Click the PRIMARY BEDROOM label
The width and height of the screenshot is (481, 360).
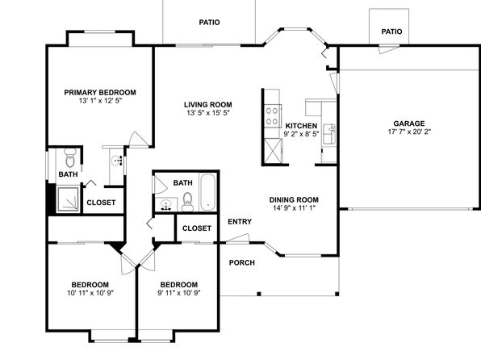100,92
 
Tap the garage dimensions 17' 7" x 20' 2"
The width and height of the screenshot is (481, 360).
409,132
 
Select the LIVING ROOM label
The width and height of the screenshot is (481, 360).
208,105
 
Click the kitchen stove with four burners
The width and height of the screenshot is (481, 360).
273,116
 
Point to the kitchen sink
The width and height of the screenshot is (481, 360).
329,133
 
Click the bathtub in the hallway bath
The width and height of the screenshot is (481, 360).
208,192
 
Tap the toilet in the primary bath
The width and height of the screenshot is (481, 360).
70,157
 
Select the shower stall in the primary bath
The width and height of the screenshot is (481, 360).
68,199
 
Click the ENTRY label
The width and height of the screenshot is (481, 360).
240,222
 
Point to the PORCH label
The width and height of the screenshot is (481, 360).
242,262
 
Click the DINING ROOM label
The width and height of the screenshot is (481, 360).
294,200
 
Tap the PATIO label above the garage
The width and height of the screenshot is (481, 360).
391,31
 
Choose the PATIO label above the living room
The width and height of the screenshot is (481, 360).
209,23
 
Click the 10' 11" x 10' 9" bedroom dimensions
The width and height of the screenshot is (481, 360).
90,293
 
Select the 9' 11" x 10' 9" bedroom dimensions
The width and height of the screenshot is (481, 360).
179,293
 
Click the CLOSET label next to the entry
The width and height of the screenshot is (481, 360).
197,228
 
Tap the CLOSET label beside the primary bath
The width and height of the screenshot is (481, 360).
101,203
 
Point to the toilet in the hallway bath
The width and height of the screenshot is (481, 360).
187,202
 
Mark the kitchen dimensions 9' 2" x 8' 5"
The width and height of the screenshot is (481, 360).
301,134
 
